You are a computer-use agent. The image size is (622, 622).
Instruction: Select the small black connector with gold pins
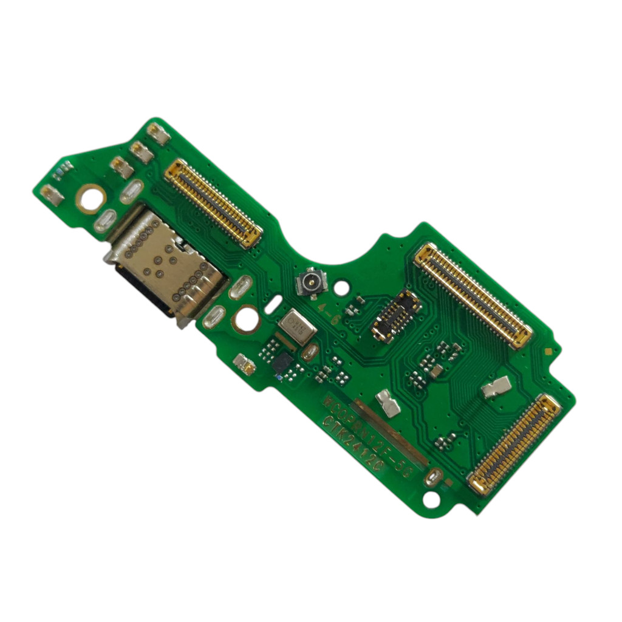pos(396,315)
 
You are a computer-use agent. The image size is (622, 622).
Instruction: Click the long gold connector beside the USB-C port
pos(213,203)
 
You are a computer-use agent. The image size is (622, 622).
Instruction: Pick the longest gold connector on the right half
pos(473,296)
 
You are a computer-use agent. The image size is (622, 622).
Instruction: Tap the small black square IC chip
pos(282,363)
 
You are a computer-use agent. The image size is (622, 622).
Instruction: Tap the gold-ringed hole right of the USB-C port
pos(247,318)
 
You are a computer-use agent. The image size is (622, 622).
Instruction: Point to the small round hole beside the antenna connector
pos(342,286)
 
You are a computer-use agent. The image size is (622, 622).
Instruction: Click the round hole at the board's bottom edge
pos(431,499)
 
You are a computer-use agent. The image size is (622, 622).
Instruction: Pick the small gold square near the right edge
pos(549,351)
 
